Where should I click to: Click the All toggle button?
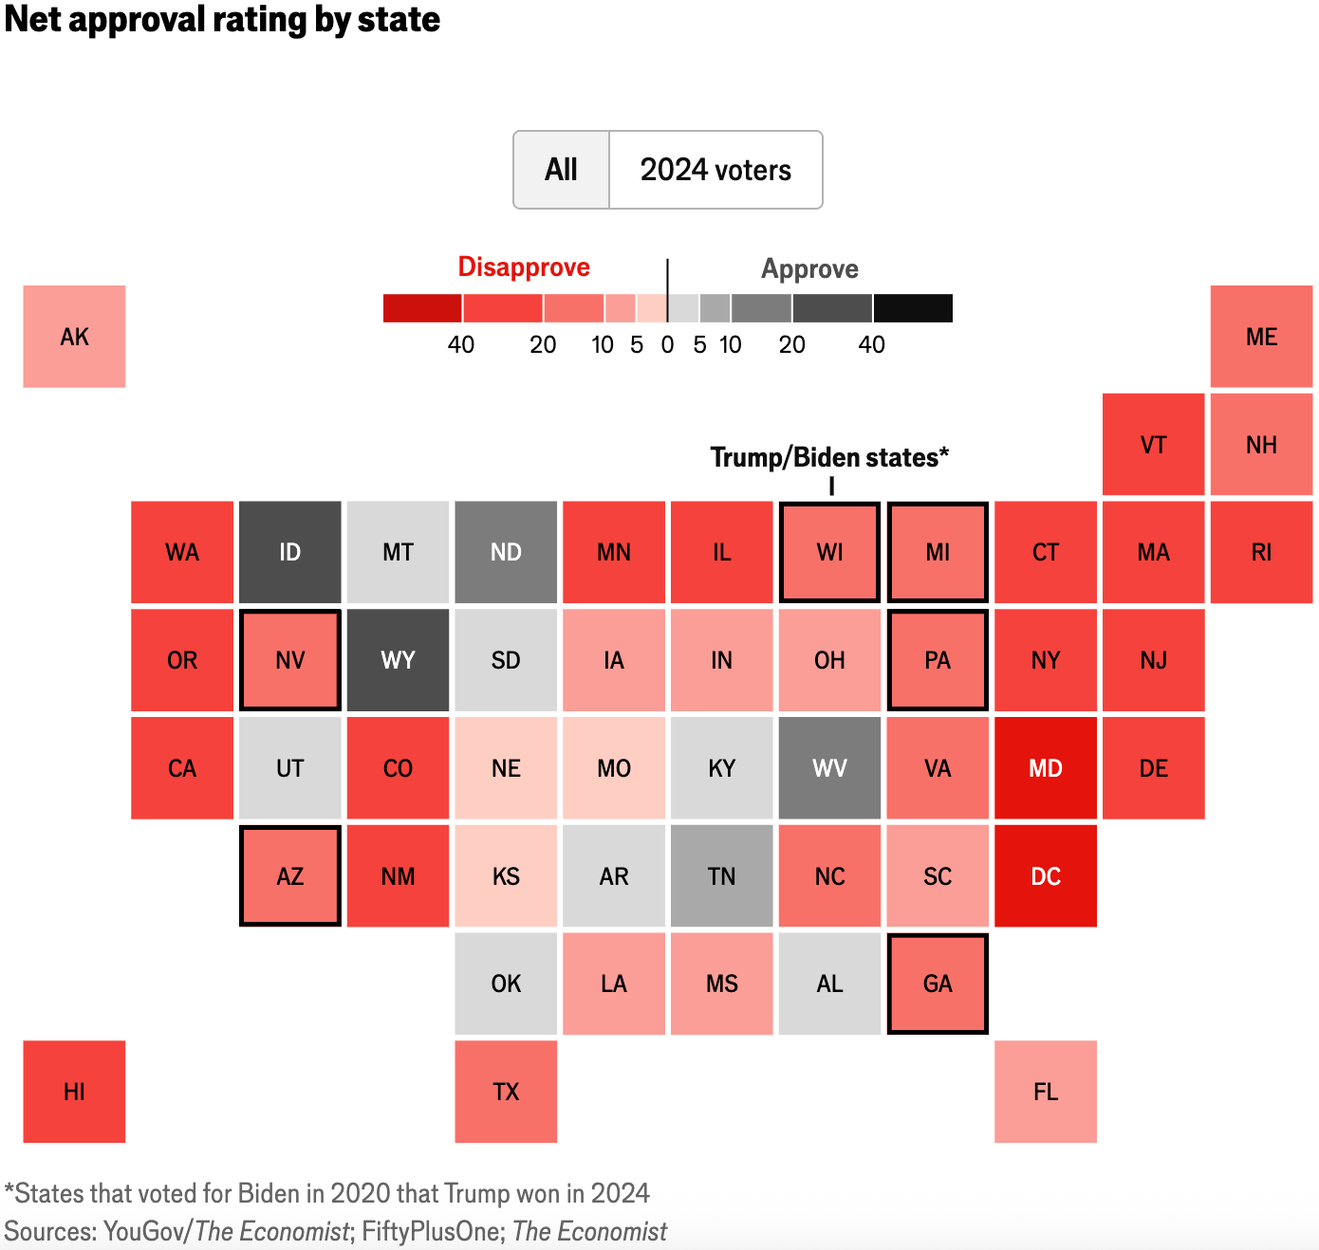(561, 170)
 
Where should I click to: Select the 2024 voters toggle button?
(715, 170)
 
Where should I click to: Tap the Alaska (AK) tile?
(74, 337)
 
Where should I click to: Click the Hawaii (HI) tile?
(74, 1092)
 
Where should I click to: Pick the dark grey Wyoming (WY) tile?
(398, 660)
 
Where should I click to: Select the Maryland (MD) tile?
(1046, 768)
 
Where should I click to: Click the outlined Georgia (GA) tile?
(938, 983)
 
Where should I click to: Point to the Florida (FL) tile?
(1046, 1092)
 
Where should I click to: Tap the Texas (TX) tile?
(506, 1092)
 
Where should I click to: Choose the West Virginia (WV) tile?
(829, 768)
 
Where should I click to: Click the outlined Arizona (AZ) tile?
(290, 876)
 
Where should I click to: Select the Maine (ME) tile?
(1261, 337)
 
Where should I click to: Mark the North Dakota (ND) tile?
(506, 552)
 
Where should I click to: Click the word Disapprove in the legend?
(524, 267)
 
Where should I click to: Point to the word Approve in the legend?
(809, 269)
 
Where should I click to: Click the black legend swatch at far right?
(913, 308)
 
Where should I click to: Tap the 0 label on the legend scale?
(667, 345)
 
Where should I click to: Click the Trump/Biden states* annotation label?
(829, 458)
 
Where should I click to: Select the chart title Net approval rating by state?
(222, 19)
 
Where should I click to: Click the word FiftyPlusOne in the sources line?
(433, 1231)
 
